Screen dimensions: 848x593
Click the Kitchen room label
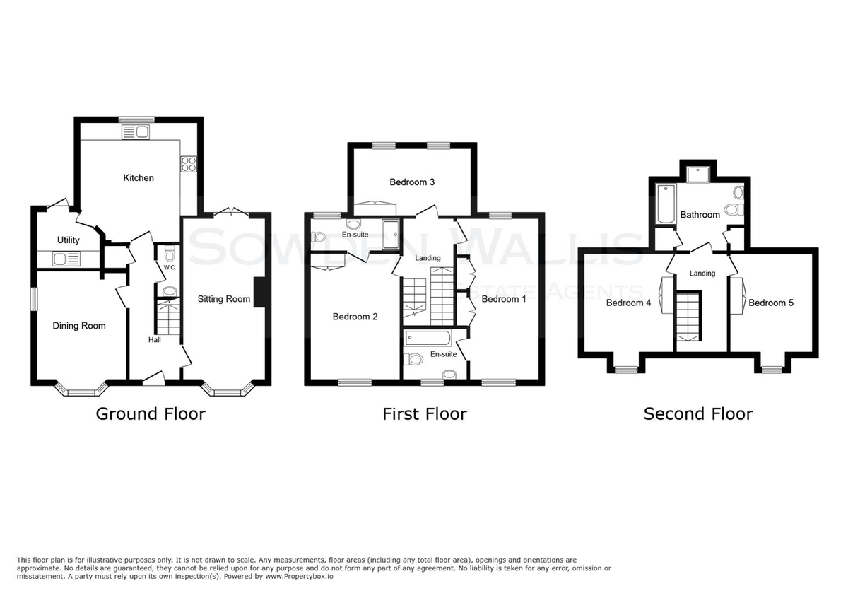click(139, 177)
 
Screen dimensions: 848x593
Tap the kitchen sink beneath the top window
click(136, 132)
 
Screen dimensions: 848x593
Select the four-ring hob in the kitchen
click(189, 165)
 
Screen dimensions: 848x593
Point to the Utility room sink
click(66, 259)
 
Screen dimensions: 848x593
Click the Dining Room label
click(79, 326)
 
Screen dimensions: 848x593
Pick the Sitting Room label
click(224, 299)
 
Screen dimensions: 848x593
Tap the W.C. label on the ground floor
click(170, 268)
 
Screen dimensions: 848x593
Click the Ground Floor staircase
click(168, 316)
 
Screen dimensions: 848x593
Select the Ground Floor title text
click(151, 414)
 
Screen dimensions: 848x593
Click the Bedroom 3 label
click(412, 182)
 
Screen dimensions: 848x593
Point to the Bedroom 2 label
click(355, 317)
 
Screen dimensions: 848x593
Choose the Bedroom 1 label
click(504, 299)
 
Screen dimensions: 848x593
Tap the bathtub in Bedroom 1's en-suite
click(428, 338)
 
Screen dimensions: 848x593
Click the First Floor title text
click(425, 414)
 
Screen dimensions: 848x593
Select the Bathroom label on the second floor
click(700, 215)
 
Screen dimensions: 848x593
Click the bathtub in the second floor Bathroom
click(666, 204)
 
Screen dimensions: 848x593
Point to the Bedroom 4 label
click(628, 303)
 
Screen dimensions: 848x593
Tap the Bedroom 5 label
click(771, 303)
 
